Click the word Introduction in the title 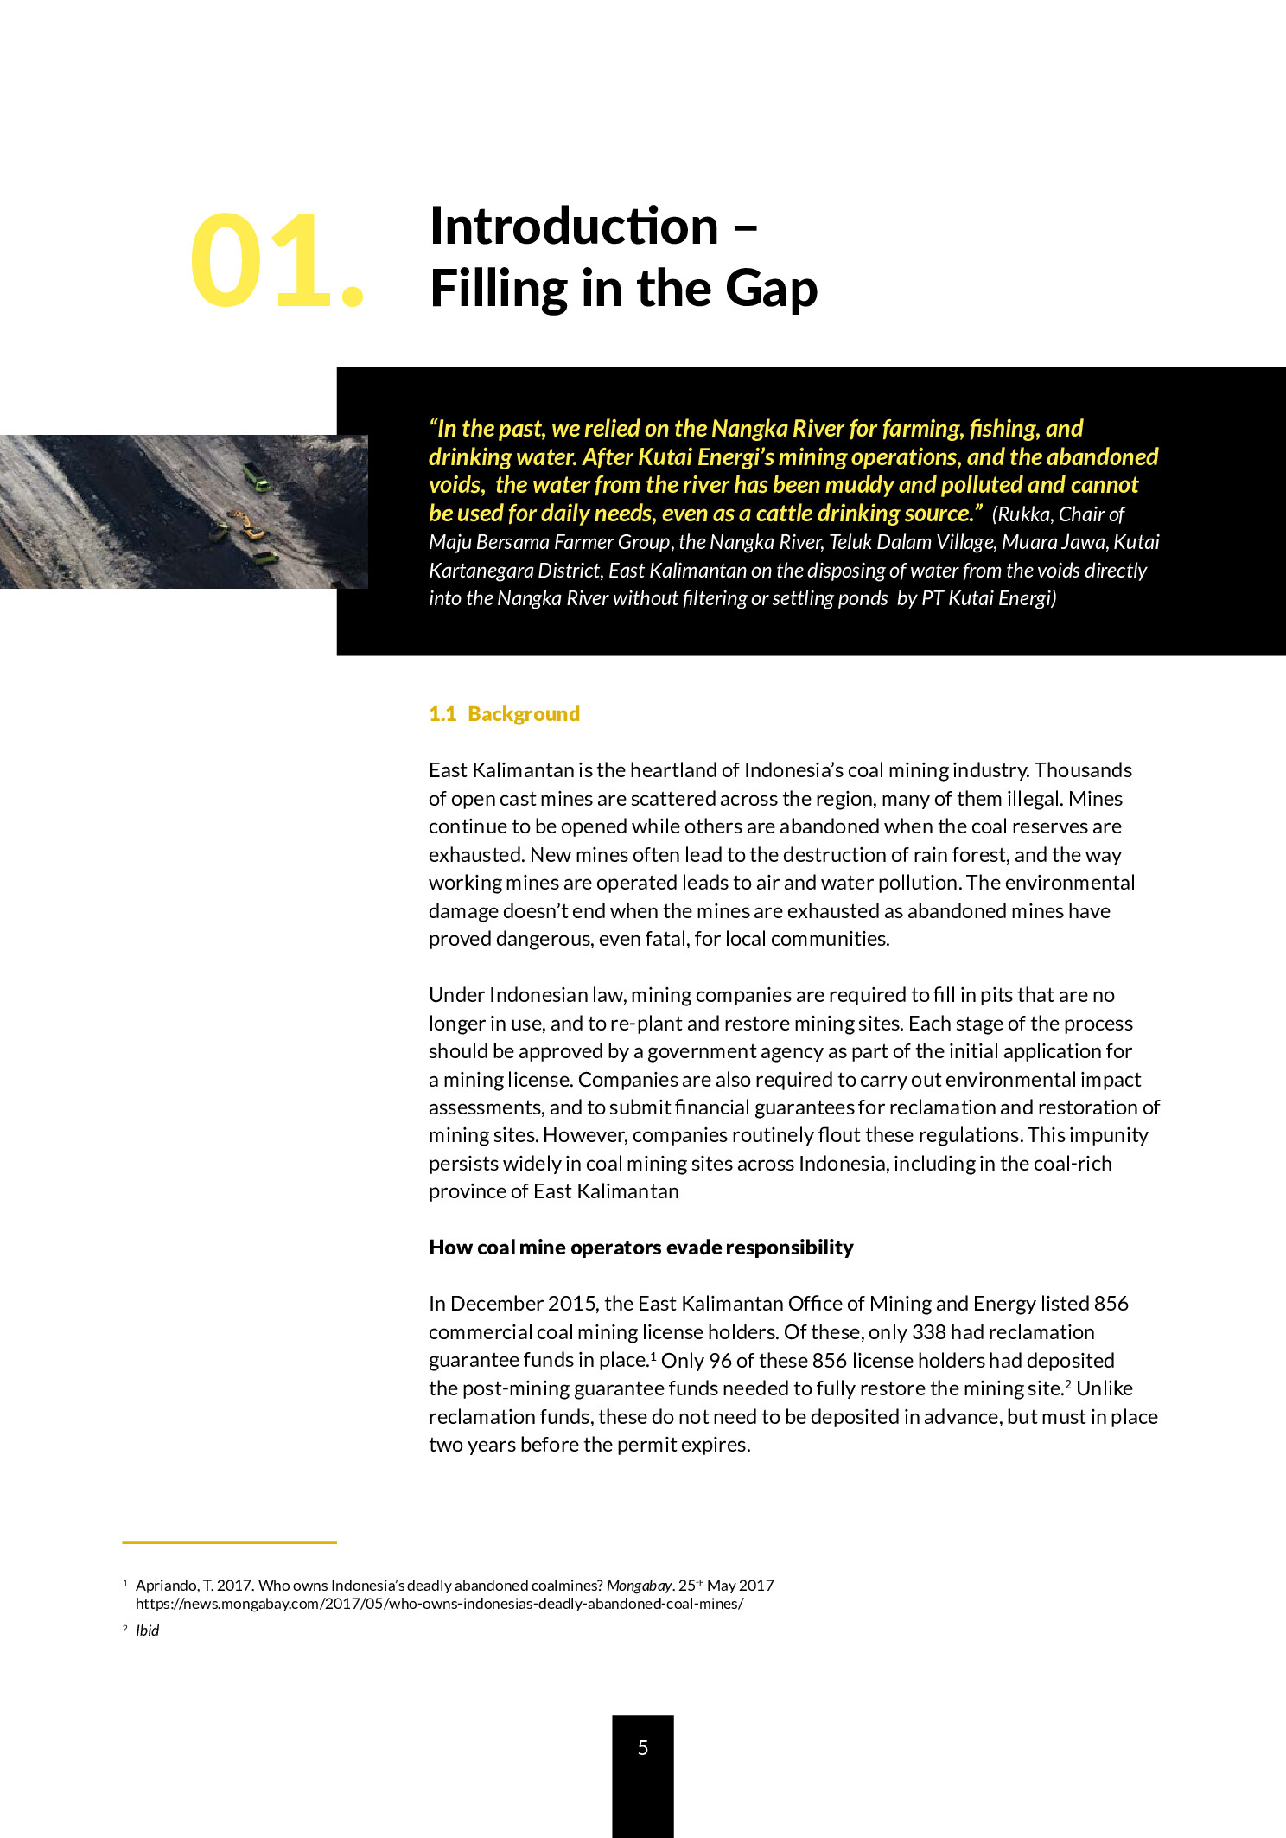(574, 227)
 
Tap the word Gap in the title (771, 289)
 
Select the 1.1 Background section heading (504, 714)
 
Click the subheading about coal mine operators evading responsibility (640, 1248)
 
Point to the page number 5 (643, 1747)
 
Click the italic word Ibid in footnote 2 (148, 1631)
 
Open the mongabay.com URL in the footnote (439, 1604)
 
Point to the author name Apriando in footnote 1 (167, 1586)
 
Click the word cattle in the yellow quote (783, 514)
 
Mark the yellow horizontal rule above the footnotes (229, 1542)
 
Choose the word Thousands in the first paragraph (1083, 770)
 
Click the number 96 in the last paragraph (721, 1361)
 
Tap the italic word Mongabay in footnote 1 (639, 1586)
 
